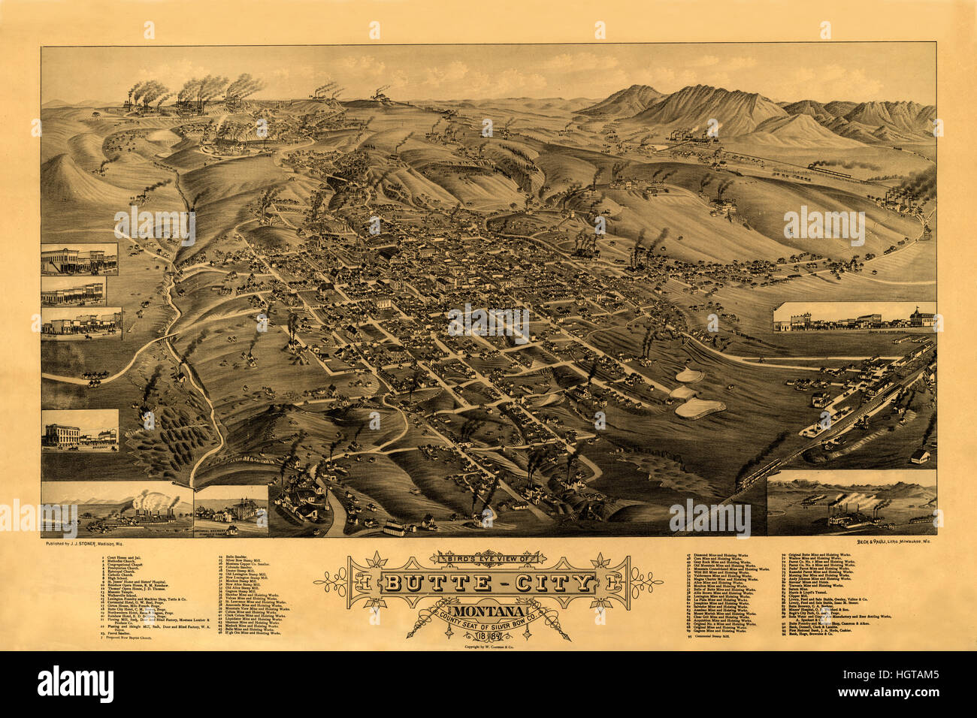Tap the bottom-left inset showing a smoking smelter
click(116, 509)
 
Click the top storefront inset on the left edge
click(79, 259)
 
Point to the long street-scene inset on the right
click(854, 318)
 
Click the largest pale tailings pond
click(699, 409)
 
